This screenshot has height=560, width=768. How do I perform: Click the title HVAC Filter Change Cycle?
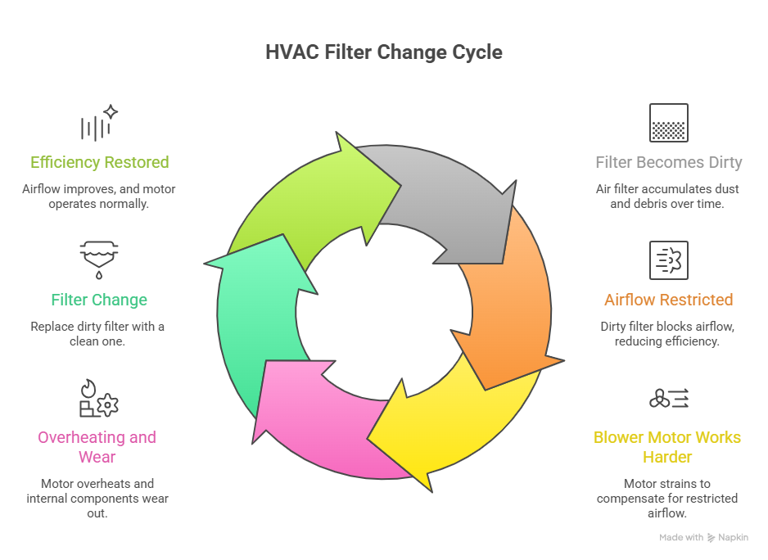(x=384, y=52)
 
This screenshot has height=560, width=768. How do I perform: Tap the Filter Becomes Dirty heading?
(x=668, y=162)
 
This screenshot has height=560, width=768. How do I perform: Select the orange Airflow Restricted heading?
(x=668, y=300)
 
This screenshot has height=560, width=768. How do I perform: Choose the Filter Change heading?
(x=99, y=300)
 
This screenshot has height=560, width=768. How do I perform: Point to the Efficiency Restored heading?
(x=100, y=162)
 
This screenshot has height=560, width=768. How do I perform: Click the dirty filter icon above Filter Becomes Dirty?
(x=668, y=123)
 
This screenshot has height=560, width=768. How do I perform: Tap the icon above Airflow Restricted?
(x=668, y=260)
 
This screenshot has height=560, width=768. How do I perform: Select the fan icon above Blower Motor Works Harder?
(x=668, y=399)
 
